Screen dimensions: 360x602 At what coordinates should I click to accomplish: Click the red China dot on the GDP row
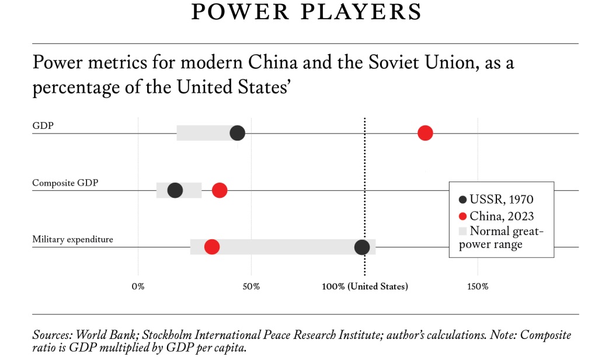425,133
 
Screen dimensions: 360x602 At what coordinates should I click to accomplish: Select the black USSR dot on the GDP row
237,133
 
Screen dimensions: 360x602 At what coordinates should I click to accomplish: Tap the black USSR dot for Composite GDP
175,190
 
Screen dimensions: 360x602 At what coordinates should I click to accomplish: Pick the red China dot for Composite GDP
220,190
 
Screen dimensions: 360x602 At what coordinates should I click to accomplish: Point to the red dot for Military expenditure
212,247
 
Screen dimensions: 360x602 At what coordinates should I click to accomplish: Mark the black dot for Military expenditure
362,247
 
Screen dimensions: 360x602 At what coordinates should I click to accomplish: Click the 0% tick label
138,286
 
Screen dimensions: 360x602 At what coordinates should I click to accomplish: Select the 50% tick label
251,286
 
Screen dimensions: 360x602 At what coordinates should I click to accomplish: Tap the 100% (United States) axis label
365,286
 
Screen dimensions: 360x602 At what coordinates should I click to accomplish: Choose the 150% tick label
478,286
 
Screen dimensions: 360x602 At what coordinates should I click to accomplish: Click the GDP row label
43,125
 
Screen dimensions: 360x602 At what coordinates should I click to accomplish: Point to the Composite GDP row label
65,183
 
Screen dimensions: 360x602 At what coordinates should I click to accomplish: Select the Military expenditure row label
72,239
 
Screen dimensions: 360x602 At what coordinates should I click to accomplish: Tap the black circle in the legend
464,200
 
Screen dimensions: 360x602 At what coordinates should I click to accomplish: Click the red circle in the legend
464,216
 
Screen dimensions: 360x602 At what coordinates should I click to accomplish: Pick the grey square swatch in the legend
464,230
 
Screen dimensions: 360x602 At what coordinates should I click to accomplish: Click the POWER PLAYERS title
306,12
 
